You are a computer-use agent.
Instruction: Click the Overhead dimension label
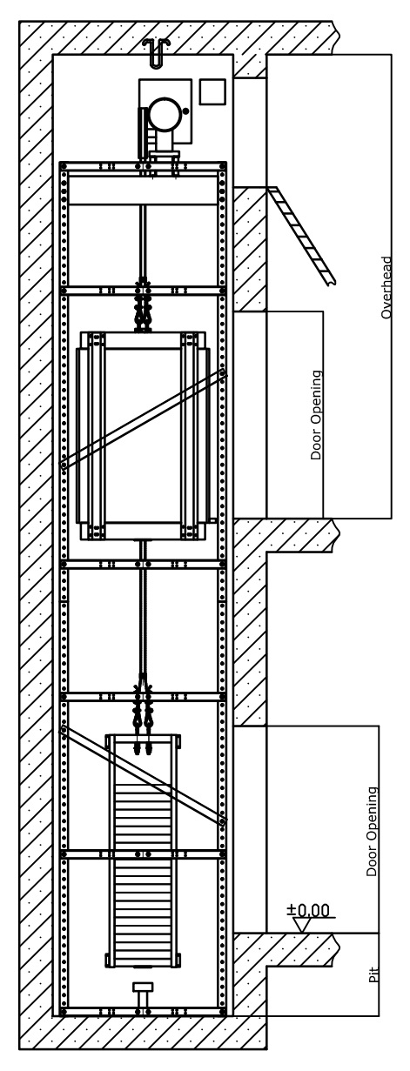click(x=386, y=287)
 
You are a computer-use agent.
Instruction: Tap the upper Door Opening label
click(x=316, y=415)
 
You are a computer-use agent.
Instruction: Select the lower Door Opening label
click(x=372, y=832)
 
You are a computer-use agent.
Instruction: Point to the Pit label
click(x=373, y=974)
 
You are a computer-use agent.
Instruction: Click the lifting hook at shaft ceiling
click(x=156, y=51)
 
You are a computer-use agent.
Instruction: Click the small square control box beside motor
click(x=212, y=91)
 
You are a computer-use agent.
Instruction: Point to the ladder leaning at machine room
click(x=301, y=236)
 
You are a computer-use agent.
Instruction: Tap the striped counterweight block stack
click(x=143, y=866)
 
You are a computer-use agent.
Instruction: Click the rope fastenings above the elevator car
click(x=143, y=305)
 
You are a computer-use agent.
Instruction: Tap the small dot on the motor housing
click(x=185, y=110)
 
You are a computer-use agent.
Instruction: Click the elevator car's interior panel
click(x=143, y=435)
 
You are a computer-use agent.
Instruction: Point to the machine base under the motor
click(x=165, y=156)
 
